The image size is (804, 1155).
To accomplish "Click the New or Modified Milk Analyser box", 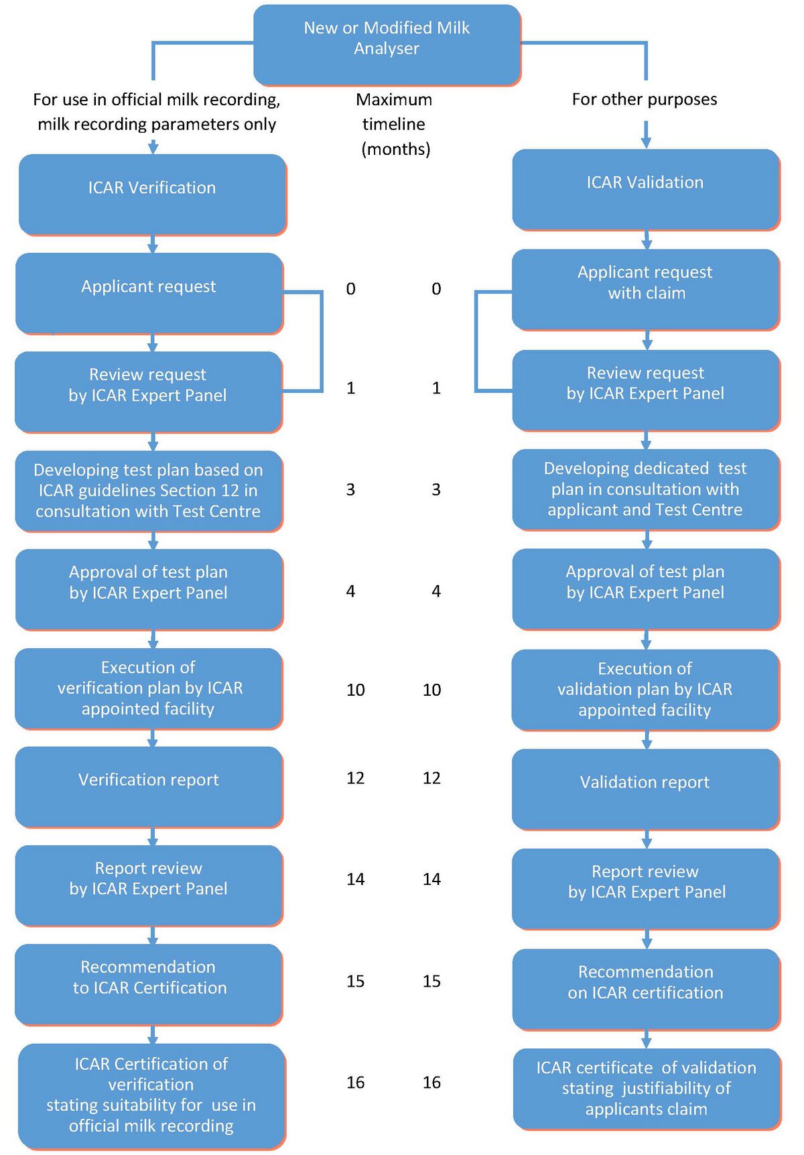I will coord(387,45).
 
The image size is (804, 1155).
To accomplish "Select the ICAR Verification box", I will coord(152,194).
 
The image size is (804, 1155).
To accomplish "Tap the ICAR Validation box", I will coord(645,189).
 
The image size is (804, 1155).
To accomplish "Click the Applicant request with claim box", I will coord(645,289).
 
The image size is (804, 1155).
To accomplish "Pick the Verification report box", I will coord(149,786).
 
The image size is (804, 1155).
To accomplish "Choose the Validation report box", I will coord(645,788).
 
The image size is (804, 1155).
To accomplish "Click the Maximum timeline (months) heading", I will coord(394,124).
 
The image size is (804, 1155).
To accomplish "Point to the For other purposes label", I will coord(644,99).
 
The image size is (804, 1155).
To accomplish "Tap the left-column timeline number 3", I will coord(350,490).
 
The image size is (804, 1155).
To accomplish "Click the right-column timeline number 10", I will coord(431,690).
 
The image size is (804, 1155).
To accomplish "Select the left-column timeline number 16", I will coord(355,1083).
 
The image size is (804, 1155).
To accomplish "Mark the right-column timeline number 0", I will coord(436,289).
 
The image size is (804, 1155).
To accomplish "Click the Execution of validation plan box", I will coord(645,689).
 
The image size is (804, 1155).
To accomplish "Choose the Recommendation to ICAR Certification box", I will coord(149,983).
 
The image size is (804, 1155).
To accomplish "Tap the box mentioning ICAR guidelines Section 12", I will coord(149,491).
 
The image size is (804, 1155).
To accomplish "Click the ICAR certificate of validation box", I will coord(646,1089).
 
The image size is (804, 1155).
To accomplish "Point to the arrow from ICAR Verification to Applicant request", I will coord(153,244).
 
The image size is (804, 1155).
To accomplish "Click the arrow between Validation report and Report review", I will coord(647,839).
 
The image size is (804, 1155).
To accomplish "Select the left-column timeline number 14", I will coord(355,879).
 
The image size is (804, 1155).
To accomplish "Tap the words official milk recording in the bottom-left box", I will coord(151,1126).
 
